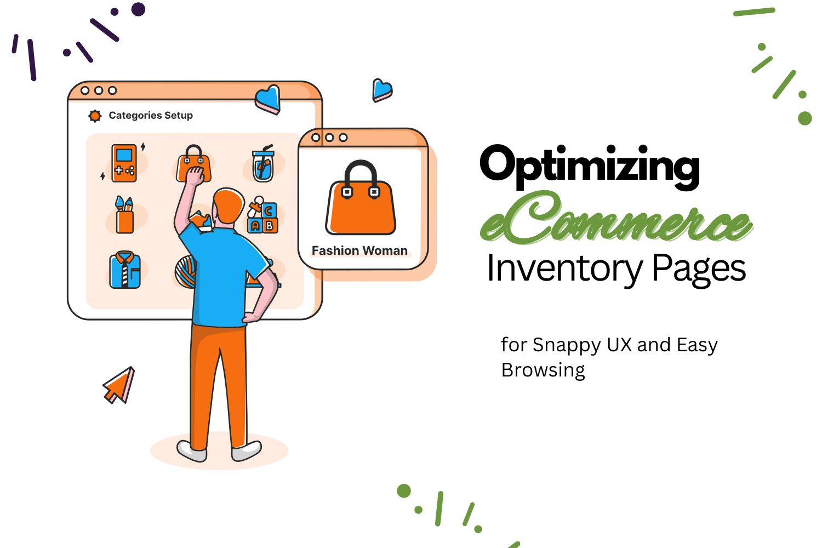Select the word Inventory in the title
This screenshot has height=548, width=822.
pos(564,269)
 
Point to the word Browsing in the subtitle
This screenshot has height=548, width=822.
pos(543,370)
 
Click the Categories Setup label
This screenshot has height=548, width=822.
pos(151,116)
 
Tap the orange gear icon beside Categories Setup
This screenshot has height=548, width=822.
pos(95,116)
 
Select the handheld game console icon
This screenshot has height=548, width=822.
pos(124,163)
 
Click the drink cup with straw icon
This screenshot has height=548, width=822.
pos(263,164)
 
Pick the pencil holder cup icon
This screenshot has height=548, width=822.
pos(124,215)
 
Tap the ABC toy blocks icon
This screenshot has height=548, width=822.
pos(264,217)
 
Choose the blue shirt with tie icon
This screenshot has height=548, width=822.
pos(125,270)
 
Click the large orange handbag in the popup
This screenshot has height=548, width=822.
pos(361,200)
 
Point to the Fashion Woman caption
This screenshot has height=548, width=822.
pos(359,250)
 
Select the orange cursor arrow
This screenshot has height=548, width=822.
pos(119,385)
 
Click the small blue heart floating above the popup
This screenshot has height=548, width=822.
pos(382,90)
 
